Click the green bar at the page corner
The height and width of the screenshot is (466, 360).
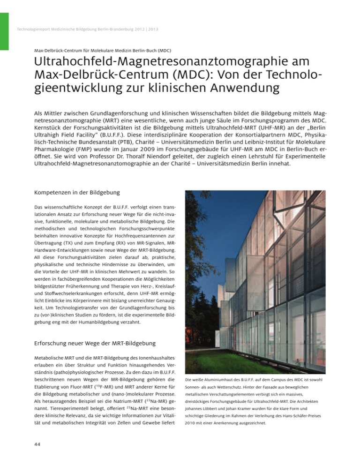(4, 23)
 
